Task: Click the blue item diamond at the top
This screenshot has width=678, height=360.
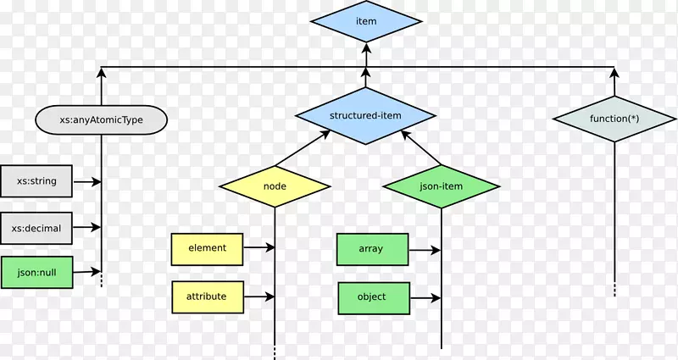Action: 366,21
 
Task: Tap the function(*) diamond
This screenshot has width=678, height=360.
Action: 614,119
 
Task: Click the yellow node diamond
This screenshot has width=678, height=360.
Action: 275,186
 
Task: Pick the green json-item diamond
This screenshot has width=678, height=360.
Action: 441,186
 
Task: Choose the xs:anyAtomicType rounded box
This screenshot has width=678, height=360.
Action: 101,120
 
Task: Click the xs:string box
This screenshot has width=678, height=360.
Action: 36,181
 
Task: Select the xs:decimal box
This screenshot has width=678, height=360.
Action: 36,227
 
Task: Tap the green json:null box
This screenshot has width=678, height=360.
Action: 36,272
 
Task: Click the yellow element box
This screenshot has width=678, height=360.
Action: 207,248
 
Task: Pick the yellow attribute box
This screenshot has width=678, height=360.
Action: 207,297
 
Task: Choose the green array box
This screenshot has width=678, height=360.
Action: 371,249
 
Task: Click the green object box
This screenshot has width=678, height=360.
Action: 371,297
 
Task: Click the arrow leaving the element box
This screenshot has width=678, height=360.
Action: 258,248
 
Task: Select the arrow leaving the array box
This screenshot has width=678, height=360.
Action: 424,250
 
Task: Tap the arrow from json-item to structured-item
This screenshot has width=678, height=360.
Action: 422,148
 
